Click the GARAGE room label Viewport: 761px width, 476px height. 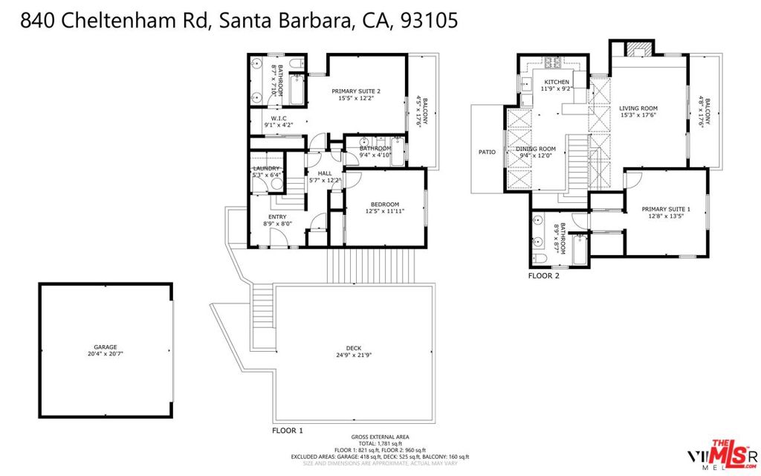coord(105,347)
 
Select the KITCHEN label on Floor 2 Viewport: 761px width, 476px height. coord(557,82)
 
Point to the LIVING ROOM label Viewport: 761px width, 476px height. coord(638,109)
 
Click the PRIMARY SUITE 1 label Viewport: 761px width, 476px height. coord(666,209)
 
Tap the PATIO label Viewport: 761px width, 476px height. coord(487,152)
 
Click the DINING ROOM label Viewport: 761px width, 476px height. coord(536,149)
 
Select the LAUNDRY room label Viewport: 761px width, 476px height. coord(266,168)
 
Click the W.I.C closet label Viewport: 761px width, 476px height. coord(279,118)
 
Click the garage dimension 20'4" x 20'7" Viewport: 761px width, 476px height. coord(105,354)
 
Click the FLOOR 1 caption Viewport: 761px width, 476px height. coord(288,431)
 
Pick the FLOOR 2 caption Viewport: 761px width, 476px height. coord(543,275)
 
